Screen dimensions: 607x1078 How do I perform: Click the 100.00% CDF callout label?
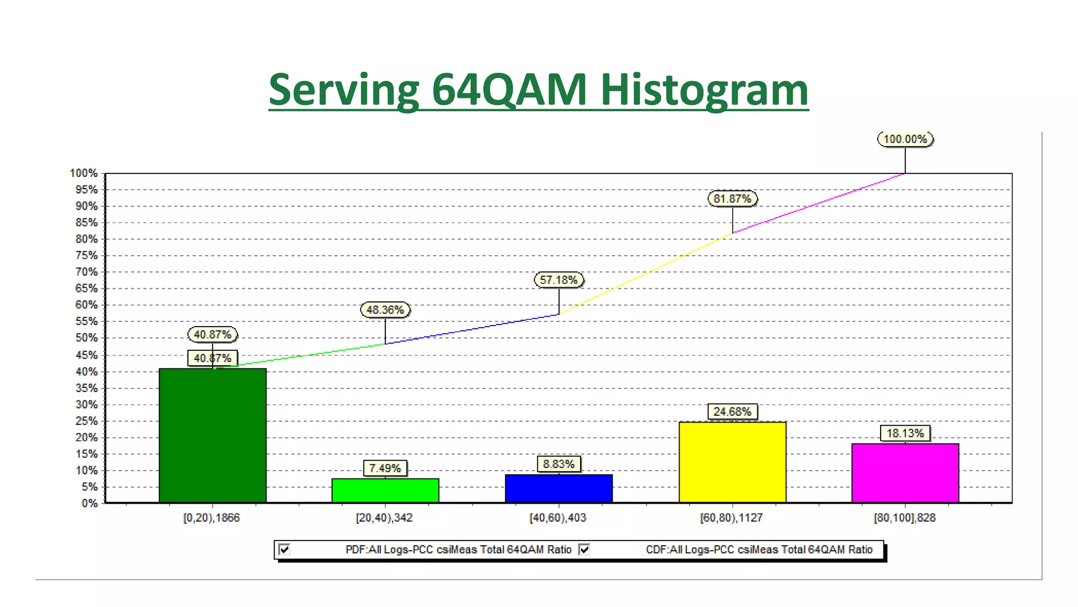click(x=905, y=139)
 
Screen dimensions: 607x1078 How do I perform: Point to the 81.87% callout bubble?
click(x=732, y=199)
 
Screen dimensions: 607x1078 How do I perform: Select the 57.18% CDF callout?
click(x=558, y=280)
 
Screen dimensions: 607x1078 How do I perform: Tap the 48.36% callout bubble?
click(x=385, y=310)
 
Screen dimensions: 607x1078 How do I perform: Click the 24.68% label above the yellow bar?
click(x=732, y=412)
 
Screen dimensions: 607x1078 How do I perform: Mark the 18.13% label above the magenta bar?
click(x=905, y=433)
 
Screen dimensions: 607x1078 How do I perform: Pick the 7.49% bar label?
click(x=385, y=468)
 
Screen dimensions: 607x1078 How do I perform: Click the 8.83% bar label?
click(x=558, y=464)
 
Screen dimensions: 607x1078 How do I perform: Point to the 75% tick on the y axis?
click(x=87, y=256)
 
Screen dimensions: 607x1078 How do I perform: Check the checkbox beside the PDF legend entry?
click(x=285, y=550)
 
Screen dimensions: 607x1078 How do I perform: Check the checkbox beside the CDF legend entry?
click(x=584, y=550)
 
